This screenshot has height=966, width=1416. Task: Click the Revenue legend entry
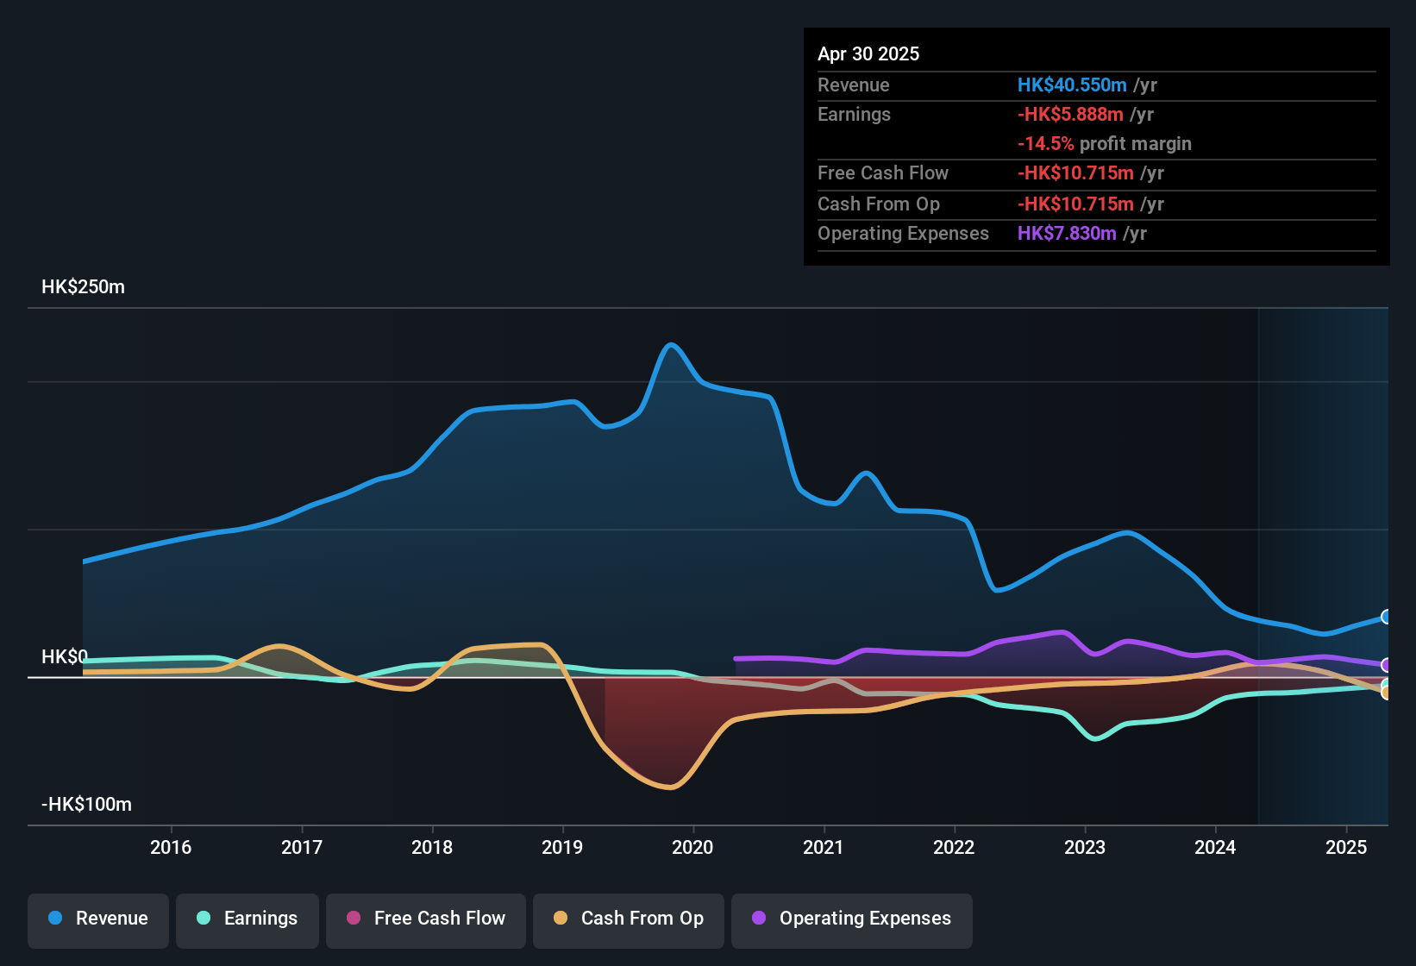(x=98, y=919)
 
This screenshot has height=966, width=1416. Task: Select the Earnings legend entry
(x=247, y=919)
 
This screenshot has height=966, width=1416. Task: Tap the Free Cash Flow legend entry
(x=426, y=919)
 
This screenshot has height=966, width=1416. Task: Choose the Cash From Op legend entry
(x=629, y=919)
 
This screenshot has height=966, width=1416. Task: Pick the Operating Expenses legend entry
(x=852, y=919)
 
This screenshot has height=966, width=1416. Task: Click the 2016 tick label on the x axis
(x=171, y=847)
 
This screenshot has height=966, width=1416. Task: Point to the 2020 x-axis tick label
(x=692, y=847)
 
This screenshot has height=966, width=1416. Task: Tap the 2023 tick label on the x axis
(x=1085, y=847)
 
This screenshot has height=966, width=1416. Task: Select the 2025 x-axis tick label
(x=1346, y=847)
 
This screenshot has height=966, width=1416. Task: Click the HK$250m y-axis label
(x=83, y=287)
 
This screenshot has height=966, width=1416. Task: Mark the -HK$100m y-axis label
(x=86, y=805)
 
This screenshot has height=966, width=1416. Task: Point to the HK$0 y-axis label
(x=65, y=657)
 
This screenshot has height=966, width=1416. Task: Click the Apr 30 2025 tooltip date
(x=868, y=54)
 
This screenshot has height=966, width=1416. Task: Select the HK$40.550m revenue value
(x=1072, y=85)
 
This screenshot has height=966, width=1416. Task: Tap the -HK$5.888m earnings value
(x=1070, y=115)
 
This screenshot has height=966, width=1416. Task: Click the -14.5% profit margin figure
(x=1045, y=144)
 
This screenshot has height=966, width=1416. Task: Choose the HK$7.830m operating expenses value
(x=1067, y=234)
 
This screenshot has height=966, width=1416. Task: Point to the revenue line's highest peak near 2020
(x=672, y=345)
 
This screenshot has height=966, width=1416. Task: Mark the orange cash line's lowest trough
(x=671, y=787)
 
